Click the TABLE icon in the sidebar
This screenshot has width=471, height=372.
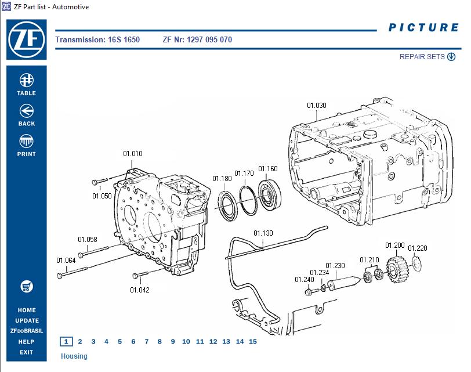(x=26, y=80)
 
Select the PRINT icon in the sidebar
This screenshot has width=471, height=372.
(x=26, y=141)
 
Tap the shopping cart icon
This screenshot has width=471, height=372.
(x=26, y=287)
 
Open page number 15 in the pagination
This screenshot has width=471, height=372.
(x=252, y=342)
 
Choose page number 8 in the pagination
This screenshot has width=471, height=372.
(x=160, y=342)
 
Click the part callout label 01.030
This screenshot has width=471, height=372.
(x=317, y=106)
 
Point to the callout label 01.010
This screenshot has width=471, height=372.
(x=132, y=154)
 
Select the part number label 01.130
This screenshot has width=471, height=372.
(x=263, y=233)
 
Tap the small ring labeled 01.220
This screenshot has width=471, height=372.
(x=415, y=264)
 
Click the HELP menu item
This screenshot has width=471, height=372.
(x=26, y=342)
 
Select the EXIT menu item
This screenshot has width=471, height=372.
(x=26, y=352)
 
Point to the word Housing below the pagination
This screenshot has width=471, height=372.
(x=74, y=356)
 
